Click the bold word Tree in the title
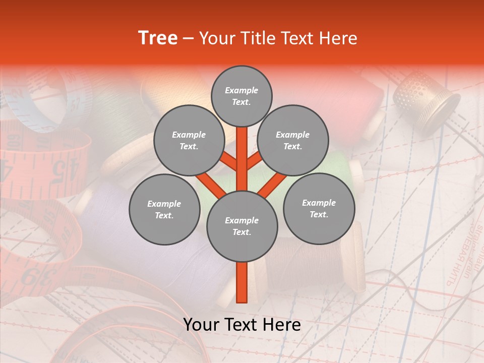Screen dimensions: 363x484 [158, 38]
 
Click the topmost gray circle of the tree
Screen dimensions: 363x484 [241, 96]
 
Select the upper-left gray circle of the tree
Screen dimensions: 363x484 [189, 141]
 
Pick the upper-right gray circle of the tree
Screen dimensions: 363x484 [292, 141]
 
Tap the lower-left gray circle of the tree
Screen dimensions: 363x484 [164, 209]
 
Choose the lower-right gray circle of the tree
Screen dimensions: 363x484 [319, 208]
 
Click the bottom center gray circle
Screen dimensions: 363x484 [241, 226]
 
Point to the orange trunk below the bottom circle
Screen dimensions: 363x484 [241, 282]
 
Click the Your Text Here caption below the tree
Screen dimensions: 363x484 [241, 325]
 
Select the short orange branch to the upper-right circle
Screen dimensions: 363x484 [255, 161]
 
